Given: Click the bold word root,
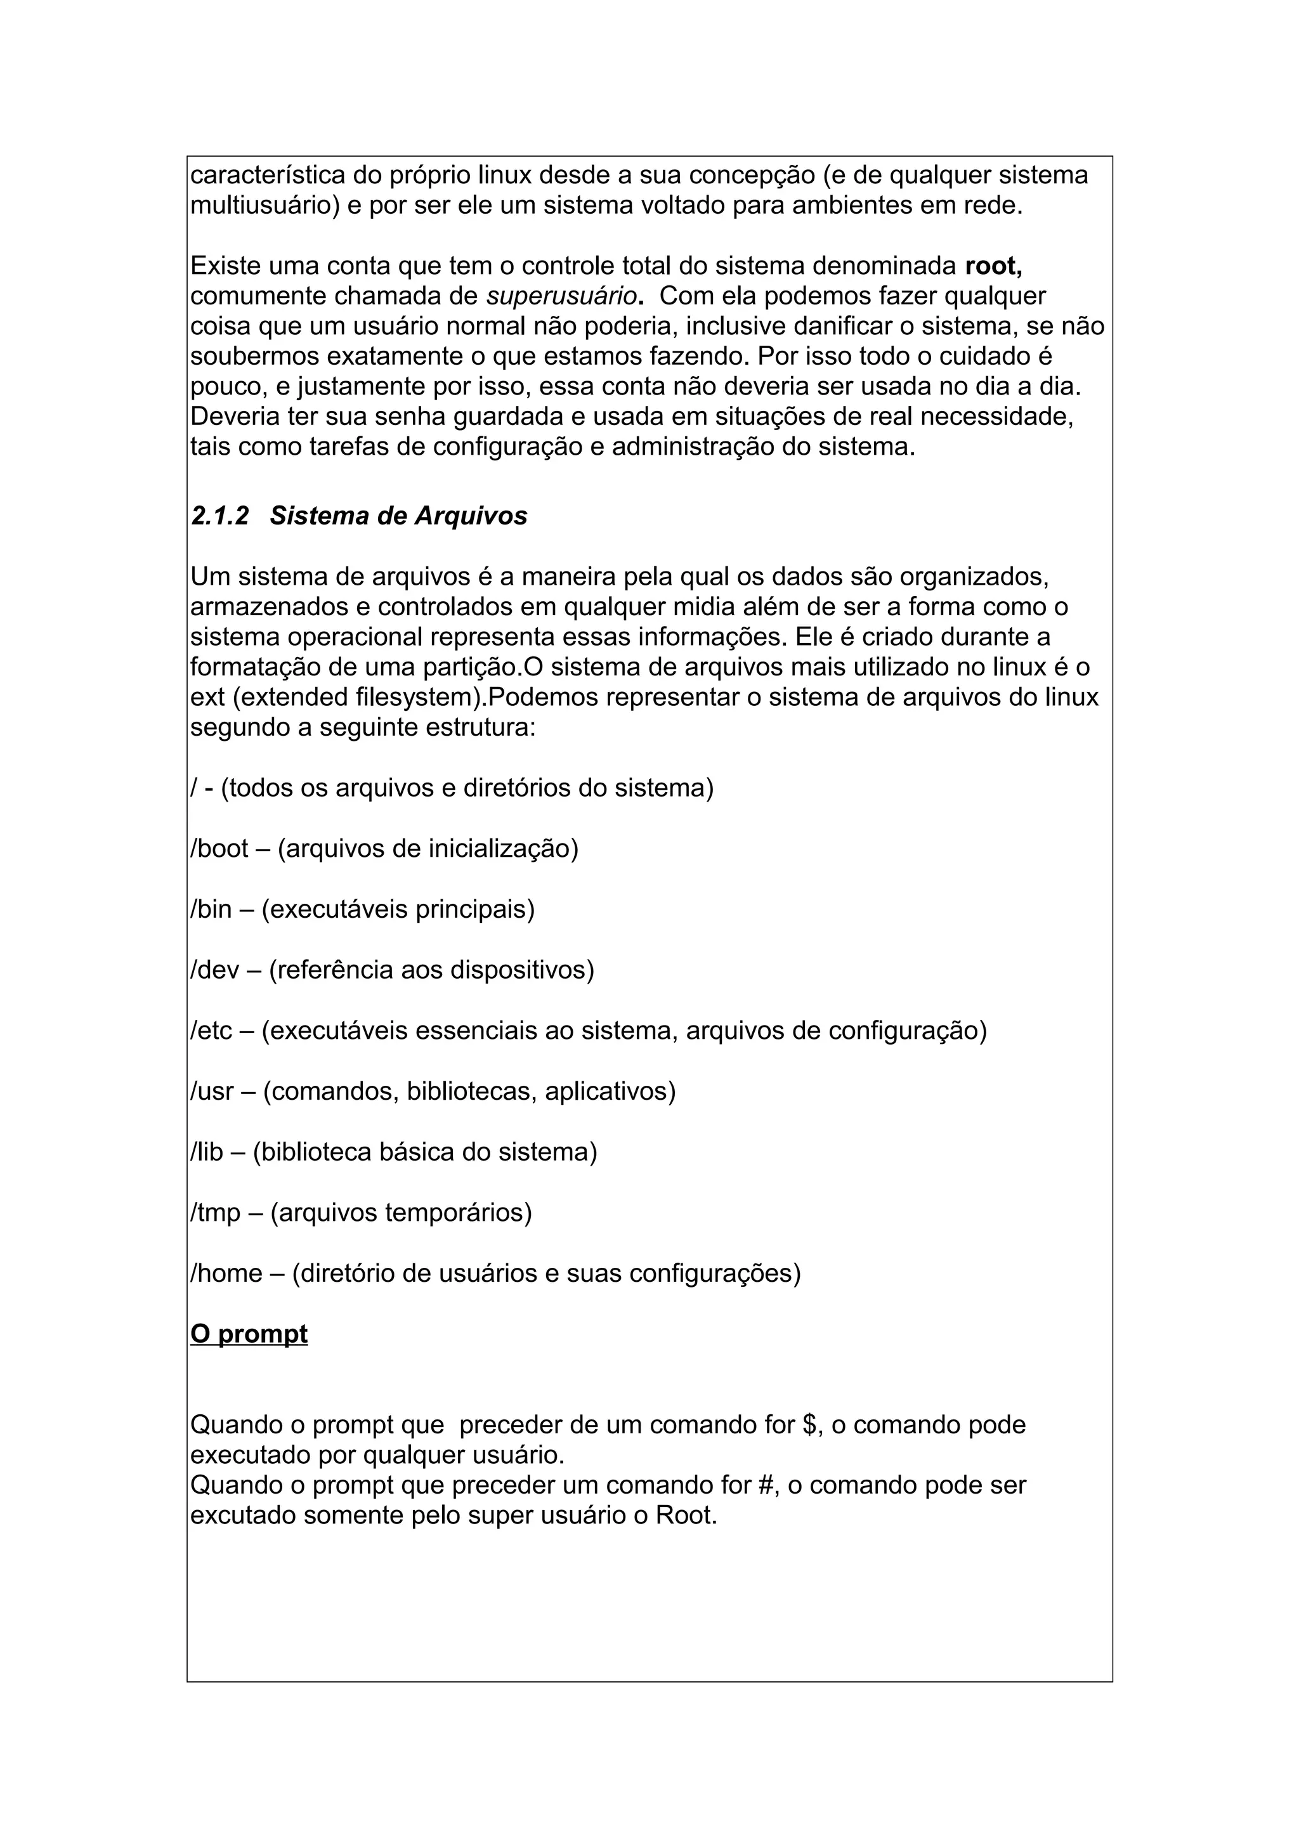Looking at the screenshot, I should tap(993, 266).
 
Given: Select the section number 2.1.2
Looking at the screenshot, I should tap(220, 516).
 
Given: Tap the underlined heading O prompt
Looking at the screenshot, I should tap(249, 1334).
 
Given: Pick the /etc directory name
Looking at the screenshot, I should tap(211, 1031).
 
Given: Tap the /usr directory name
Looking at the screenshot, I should tap(212, 1092).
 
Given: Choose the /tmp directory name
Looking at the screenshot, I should tap(215, 1213).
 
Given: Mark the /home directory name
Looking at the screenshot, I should tap(226, 1274).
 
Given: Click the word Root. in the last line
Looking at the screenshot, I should tap(686, 1516).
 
